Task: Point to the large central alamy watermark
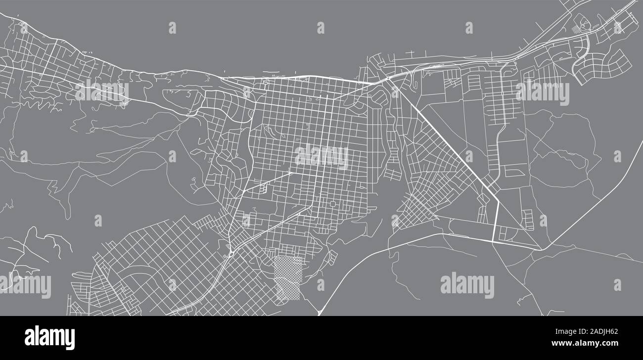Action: tap(321, 157)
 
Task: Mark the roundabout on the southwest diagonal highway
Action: tap(231, 254)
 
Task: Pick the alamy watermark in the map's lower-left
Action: tap(25, 286)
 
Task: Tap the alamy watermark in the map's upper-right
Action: tap(542, 93)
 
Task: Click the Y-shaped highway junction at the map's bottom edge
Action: tap(321, 311)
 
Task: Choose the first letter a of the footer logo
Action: tap(30, 338)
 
